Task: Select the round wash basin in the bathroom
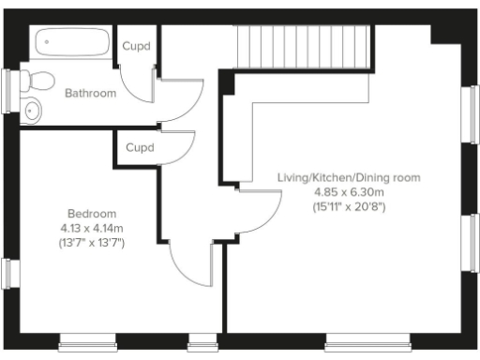34,110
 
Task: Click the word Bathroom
90,93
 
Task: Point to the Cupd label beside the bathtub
138,45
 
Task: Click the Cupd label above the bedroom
140,148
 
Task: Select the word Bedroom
91,212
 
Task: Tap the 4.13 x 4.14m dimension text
91,227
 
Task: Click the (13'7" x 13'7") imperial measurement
91,243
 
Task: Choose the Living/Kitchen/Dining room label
350,177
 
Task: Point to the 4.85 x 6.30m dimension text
350,191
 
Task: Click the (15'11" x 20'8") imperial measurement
350,206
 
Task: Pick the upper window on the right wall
472,114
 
